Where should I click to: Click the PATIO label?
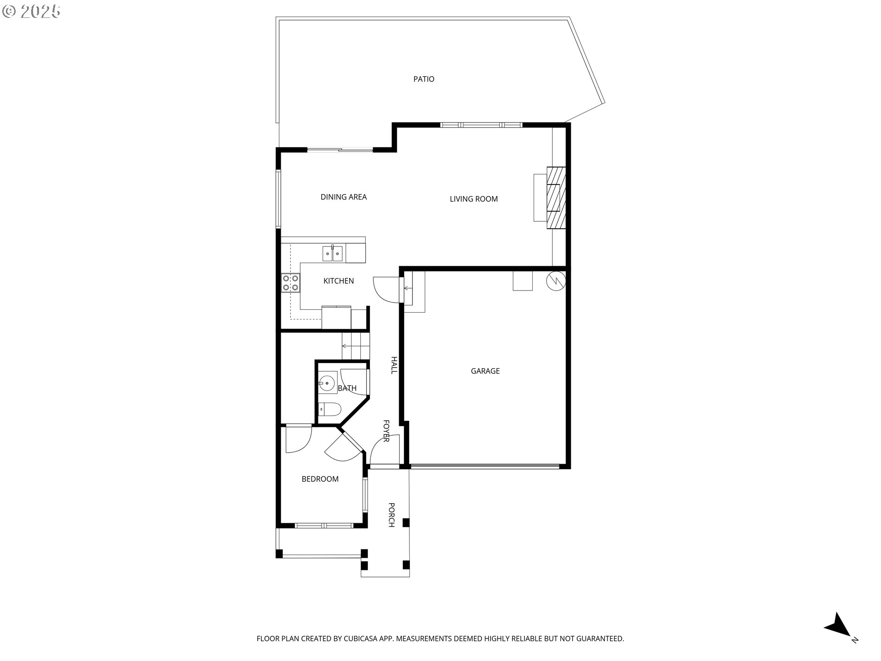424,79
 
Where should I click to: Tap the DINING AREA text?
343,197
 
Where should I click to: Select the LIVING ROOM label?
474,199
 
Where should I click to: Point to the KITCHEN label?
339,281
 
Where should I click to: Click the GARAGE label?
485,371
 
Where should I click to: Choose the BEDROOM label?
320,479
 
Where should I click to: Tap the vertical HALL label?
393,365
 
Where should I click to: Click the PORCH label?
391,515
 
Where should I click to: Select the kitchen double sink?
333,253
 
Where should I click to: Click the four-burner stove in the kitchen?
290,283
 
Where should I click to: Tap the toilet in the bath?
329,408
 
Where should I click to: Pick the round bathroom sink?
327,383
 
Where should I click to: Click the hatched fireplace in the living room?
556,197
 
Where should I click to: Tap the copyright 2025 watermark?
31,11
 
